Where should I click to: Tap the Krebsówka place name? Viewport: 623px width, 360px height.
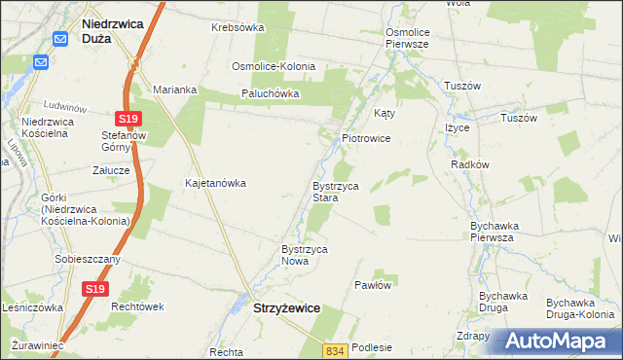tap(238, 27)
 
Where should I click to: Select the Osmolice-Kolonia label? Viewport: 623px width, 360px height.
tap(273, 66)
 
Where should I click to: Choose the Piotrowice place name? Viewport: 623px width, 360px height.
tap(366, 138)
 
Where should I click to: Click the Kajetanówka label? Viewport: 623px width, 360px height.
tap(215, 182)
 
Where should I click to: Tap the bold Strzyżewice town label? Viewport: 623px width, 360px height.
tap(286, 307)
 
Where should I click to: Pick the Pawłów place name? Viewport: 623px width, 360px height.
tap(373, 285)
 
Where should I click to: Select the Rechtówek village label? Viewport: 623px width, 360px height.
tap(135, 306)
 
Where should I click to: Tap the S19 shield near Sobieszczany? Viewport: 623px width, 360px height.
tap(93, 289)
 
